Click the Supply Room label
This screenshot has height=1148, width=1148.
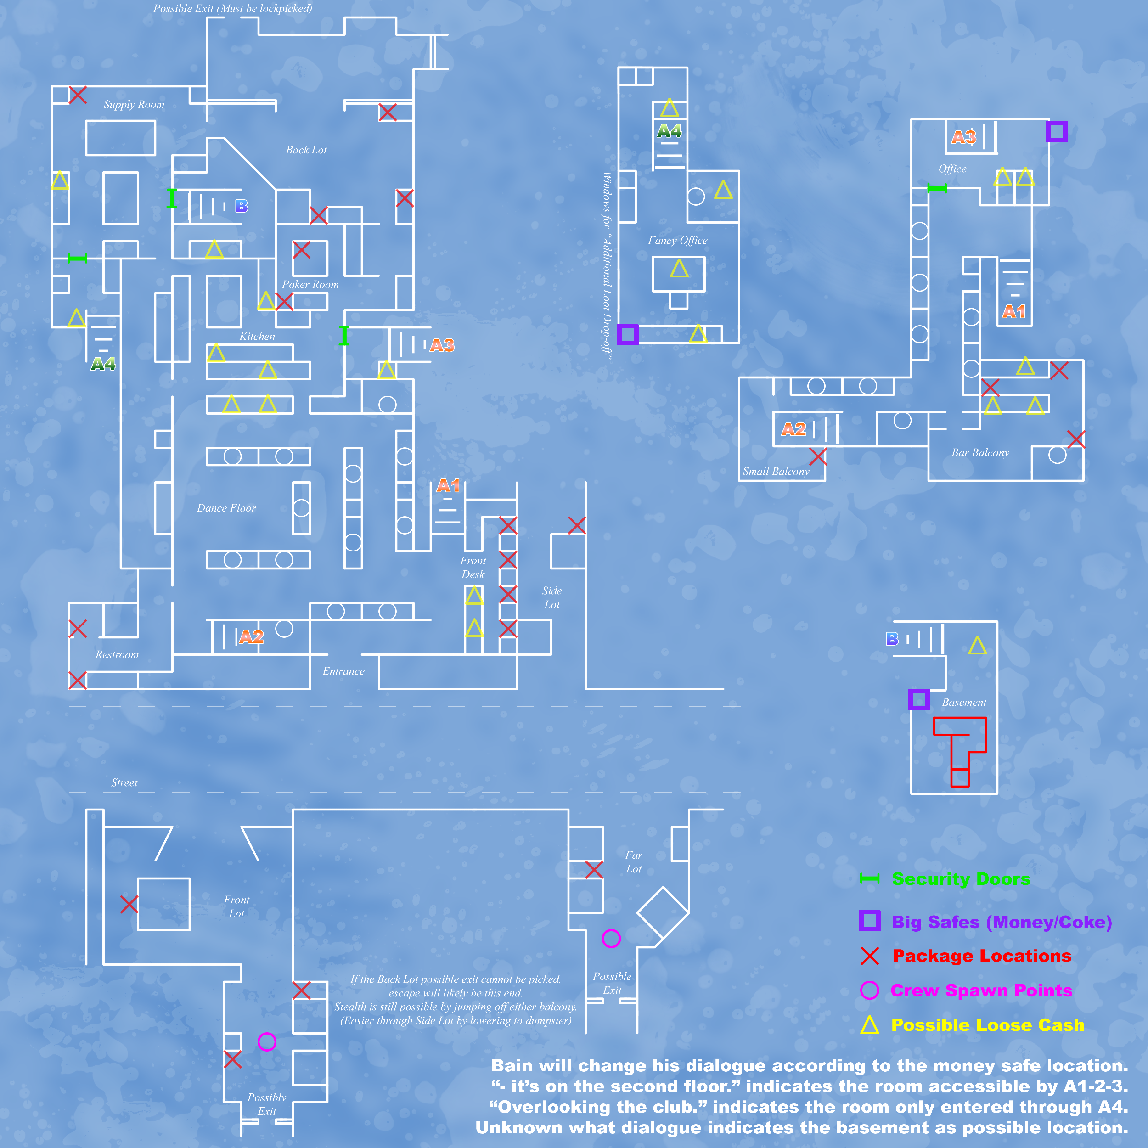coord(134,105)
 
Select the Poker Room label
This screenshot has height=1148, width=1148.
coord(310,285)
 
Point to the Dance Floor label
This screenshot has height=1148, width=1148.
coord(226,508)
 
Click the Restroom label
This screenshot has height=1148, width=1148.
coord(117,655)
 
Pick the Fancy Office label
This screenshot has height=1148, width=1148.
coord(677,241)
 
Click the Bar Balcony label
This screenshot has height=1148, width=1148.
coord(980,453)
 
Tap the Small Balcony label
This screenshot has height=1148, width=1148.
coord(776,472)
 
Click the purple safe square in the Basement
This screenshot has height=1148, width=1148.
coord(919,699)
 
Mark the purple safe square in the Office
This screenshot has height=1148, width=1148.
coord(1057,131)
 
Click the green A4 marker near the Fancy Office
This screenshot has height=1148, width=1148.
coord(669,131)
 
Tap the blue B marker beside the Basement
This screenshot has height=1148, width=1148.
coord(892,639)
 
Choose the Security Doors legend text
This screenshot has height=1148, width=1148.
coord(961,879)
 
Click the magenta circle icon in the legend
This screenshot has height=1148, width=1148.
coord(869,990)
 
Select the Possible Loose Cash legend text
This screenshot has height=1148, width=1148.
coord(988,1025)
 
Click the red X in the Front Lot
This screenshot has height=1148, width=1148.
coord(129,904)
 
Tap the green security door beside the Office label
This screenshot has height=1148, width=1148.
coord(937,188)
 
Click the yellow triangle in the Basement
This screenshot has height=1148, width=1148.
coord(978,645)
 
